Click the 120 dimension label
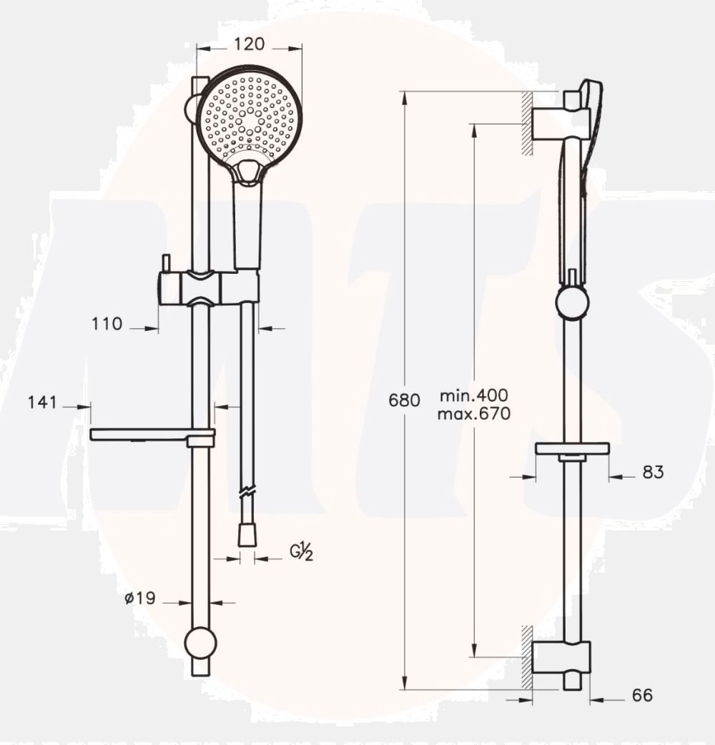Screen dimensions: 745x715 click(250, 44)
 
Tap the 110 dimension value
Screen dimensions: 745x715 click(107, 324)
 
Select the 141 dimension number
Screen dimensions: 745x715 click(42, 403)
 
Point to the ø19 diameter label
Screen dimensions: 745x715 click(139, 598)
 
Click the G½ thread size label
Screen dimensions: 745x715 click(301, 553)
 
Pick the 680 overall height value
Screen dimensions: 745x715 click(404, 400)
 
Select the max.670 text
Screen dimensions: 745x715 click(475, 413)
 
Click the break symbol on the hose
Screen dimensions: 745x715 click(247, 493)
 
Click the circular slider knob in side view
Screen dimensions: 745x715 click(572, 302)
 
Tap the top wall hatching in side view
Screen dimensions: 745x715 click(528, 122)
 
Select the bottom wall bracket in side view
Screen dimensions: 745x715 click(565, 657)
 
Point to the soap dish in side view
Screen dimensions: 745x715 click(572, 449)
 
